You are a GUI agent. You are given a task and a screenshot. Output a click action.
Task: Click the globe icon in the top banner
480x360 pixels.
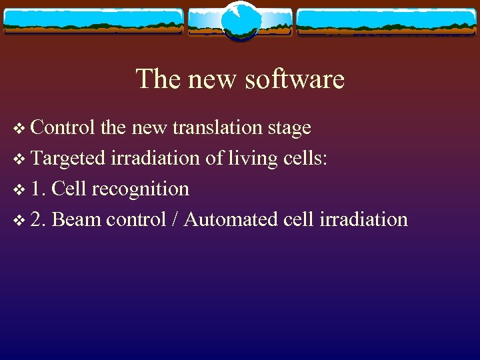(240, 21)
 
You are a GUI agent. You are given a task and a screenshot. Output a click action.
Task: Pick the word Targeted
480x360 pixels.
(68, 159)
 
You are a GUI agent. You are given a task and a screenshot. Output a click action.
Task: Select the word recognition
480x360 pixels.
(141, 189)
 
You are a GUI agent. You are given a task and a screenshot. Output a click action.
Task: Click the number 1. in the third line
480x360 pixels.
(39, 189)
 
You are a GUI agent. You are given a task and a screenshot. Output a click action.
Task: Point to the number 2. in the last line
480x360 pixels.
(39, 219)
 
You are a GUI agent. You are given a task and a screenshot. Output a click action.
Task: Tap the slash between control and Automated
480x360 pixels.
(175, 219)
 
